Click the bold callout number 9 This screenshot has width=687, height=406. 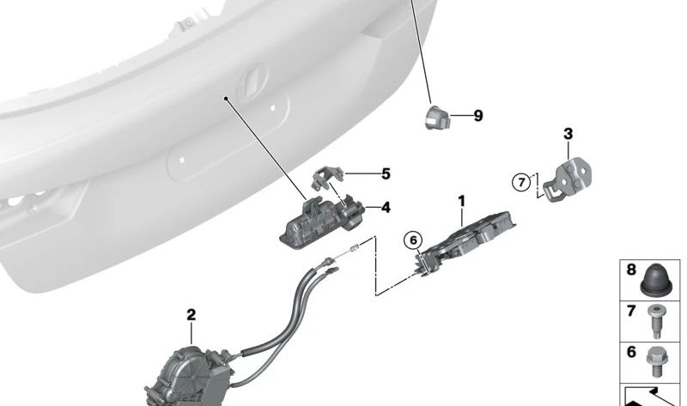click(478, 116)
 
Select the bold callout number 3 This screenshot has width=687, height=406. click(568, 134)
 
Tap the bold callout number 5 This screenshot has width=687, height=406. click(386, 174)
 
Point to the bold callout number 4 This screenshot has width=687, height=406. click(386, 207)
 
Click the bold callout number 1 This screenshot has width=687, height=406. click(461, 202)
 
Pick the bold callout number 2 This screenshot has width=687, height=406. click(191, 315)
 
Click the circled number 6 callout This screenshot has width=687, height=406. click(413, 240)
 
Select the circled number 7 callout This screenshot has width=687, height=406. click(521, 182)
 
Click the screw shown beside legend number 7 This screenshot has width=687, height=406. click(656, 322)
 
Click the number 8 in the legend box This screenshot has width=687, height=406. click(631, 270)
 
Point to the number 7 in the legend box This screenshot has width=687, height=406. click(631, 311)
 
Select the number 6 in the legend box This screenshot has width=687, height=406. click(631, 352)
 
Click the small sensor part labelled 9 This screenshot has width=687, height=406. click(437, 117)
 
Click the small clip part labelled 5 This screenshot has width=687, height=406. click(327, 179)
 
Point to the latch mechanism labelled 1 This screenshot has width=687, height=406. click(465, 243)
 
